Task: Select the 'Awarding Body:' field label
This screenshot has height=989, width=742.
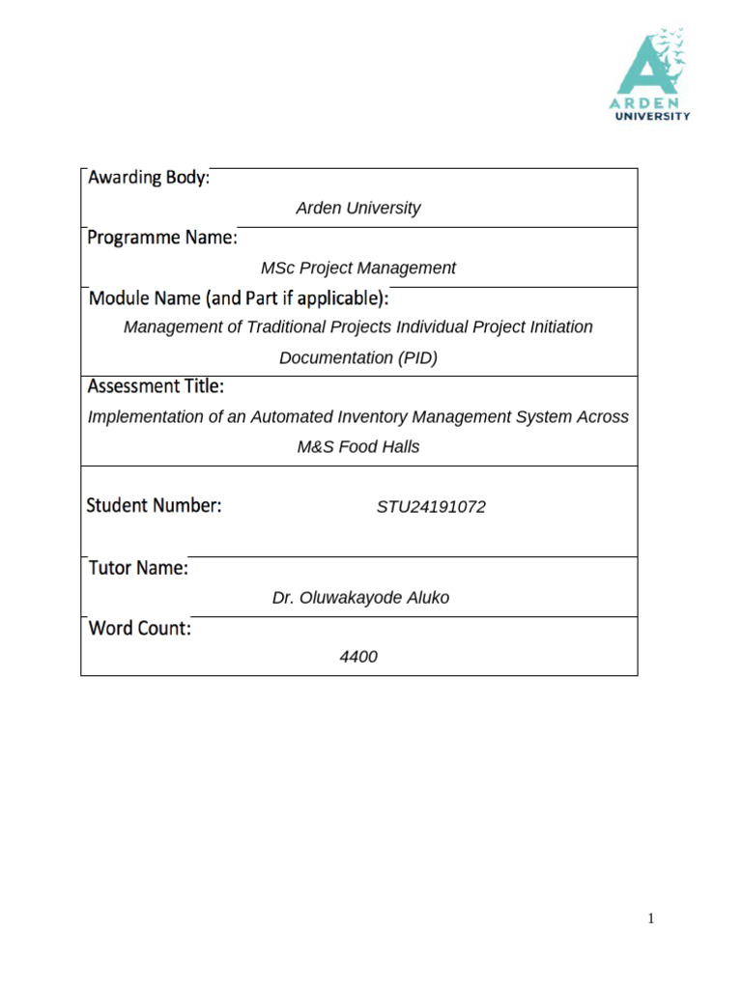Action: [148, 179]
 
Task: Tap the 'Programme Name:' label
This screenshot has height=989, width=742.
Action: [162, 238]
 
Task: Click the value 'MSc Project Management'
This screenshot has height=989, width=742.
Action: [358, 268]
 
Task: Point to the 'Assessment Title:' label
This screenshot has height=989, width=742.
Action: [156, 386]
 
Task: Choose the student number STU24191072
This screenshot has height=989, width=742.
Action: [431, 506]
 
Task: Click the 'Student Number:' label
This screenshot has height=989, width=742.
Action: [155, 504]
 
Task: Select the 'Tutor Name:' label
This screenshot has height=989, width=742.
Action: [138, 568]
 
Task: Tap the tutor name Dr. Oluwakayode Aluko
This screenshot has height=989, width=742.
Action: [360, 598]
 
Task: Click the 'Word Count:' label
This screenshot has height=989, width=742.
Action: [140, 628]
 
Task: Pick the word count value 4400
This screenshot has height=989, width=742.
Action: [358, 657]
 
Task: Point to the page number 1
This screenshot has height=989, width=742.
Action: [651, 918]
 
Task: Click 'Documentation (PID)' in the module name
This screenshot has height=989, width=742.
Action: [358, 357]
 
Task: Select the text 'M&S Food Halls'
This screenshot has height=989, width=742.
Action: [358, 447]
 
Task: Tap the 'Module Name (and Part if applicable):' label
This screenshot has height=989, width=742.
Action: [239, 297]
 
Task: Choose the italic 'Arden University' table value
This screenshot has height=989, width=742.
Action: [358, 208]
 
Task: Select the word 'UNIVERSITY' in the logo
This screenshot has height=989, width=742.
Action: [653, 116]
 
